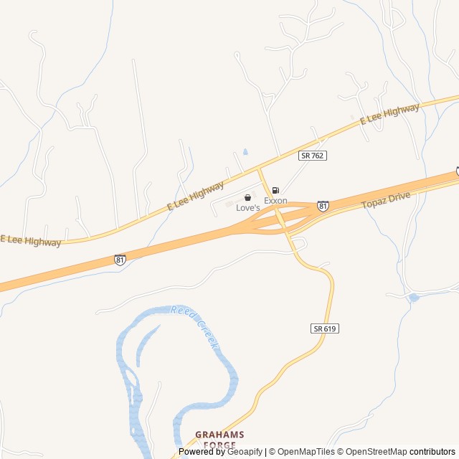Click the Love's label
click(x=247, y=207)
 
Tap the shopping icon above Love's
click(x=247, y=197)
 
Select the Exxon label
click(x=275, y=201)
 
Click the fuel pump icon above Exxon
click(x=275, y=191)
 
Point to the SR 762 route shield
click(x=313, y=156)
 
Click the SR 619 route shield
click(x=325, y=328)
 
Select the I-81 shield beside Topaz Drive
click(x=323, y=206)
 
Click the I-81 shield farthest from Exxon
click(x=119, y=260)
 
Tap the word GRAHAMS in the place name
click(x=219, y=435)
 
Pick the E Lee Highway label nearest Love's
click(x=196, y=196)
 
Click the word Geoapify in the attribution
click(x=245, y=452)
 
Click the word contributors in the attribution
click(x=432, y=452)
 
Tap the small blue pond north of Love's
click(x=245, y=152)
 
